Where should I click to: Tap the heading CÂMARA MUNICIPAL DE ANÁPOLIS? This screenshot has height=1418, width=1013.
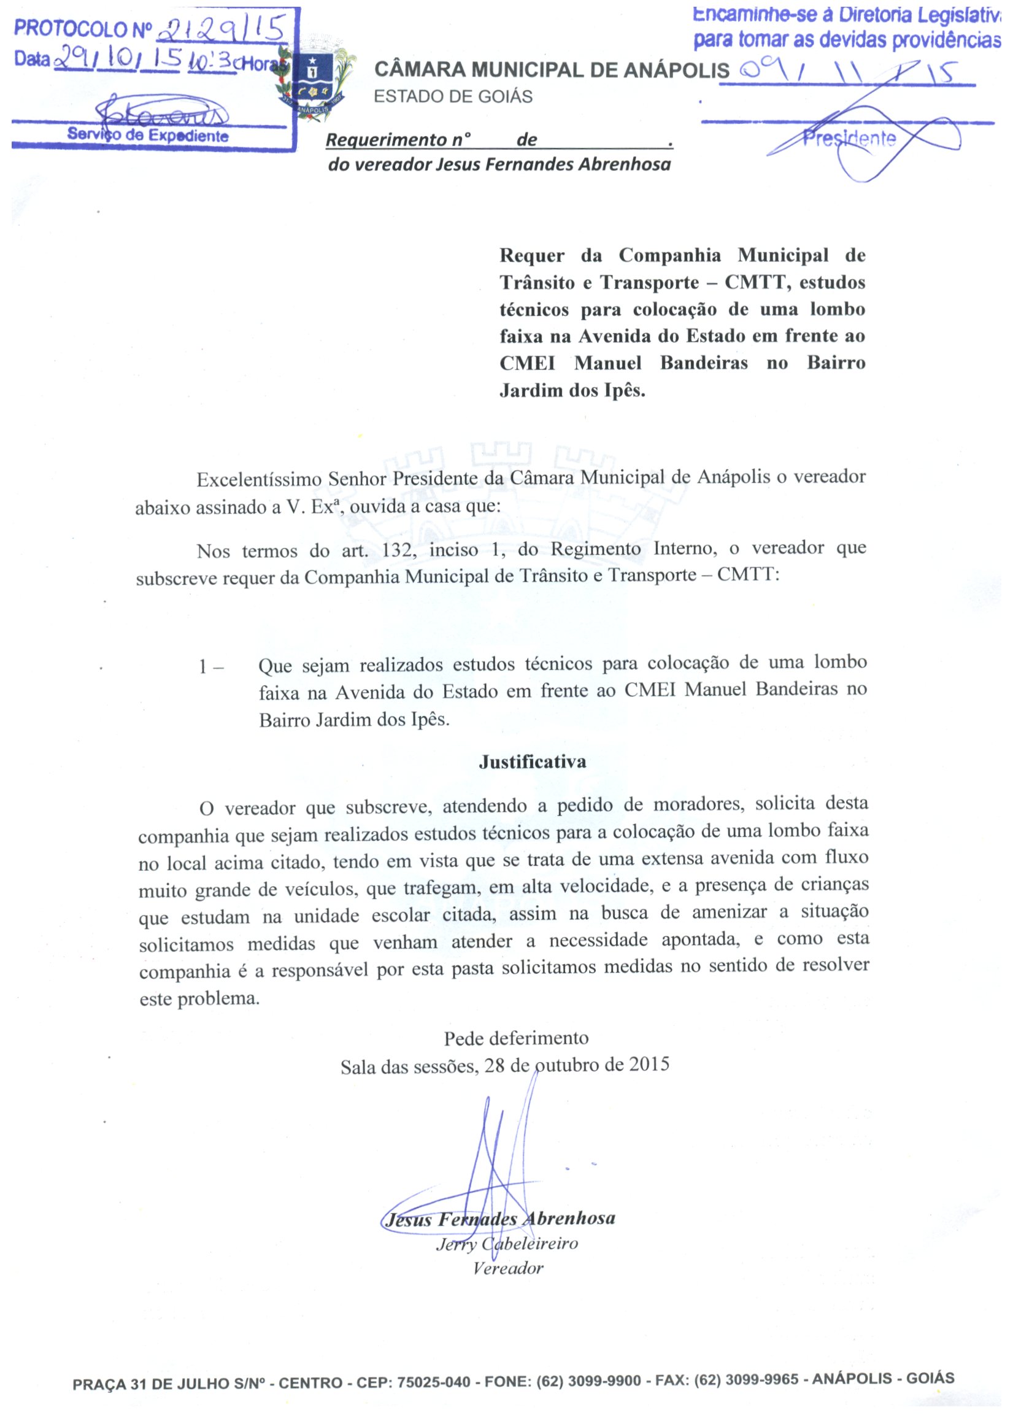pos(552,70)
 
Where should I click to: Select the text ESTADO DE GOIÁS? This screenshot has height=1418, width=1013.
pos(453,97)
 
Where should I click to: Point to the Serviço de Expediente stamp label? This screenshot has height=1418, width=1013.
pos(148,136)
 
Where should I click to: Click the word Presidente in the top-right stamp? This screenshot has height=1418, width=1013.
pos(849,138)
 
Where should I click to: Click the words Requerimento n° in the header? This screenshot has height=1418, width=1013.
pos(398,140)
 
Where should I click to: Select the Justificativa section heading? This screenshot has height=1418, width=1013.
pos(532,761)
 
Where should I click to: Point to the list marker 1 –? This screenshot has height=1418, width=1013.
pos(211,667)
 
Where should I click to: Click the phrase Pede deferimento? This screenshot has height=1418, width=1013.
pos(516,1038)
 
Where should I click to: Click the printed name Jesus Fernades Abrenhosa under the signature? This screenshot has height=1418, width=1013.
pos(499,1219)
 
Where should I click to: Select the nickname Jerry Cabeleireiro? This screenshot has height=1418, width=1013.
pos(507,1244)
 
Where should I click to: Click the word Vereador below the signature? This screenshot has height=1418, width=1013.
pos(508,1268)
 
